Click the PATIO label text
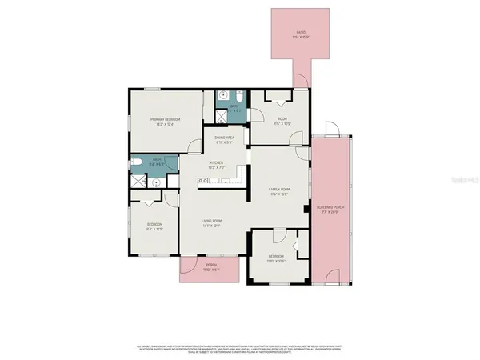click(301, 33)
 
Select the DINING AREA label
click(223, 139)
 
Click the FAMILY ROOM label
click(279, 190)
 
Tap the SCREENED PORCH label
click(329, 210)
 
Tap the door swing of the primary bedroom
click(194, 146)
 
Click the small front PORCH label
click(211, 267)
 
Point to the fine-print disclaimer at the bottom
click(240, 349)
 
